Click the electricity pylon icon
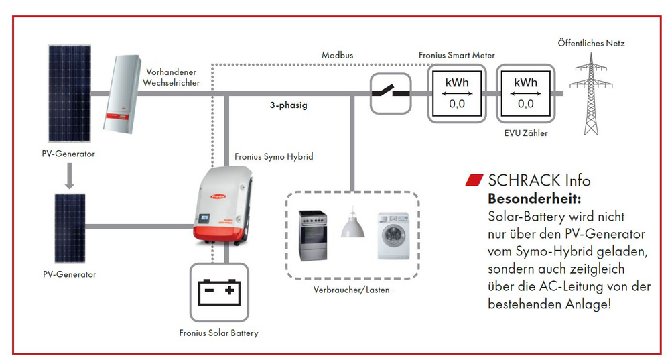click(591, 94)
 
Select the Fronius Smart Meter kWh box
click(457, 94)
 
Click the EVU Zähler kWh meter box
click(525, 94)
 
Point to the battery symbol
click(219, 292)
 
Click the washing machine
click(393, 235)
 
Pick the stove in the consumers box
click(313, 235)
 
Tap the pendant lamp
click(352, 223)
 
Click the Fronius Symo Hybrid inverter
click(222, 206)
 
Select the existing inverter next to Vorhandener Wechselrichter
click(123, 94)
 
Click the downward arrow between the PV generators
click(69, 176)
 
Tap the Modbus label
click(338, 55)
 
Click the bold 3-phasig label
click(288, 105)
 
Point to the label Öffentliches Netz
click(591, 43)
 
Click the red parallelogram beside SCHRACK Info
click(474, 180)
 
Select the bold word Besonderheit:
click(535, 199)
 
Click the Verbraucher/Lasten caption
click(351, 290)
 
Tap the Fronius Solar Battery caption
click(219, 333)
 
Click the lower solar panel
click(70, 229)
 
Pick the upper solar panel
click(69, 93)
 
